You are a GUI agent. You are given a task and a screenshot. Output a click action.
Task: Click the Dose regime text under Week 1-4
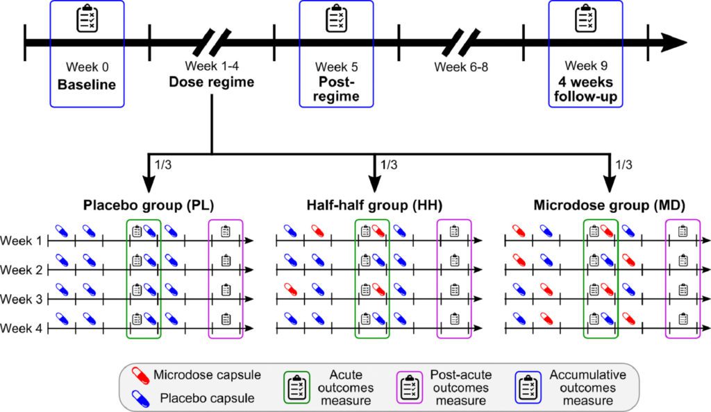tap(211, 82)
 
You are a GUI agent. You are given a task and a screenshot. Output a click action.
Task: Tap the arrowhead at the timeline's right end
tap(672, 42)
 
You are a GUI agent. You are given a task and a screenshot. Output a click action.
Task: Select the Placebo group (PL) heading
tap(149, 205)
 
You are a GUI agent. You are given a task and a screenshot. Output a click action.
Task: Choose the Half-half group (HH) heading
tap(374, 205)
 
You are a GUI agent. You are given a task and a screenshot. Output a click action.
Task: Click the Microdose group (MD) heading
tap(609, 205)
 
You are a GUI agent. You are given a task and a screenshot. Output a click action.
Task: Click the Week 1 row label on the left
tap(22, 240)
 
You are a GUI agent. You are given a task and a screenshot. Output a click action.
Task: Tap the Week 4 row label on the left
tap(22, 329)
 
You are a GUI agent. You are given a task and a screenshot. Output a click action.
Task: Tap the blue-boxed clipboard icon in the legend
tap(530, 387)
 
